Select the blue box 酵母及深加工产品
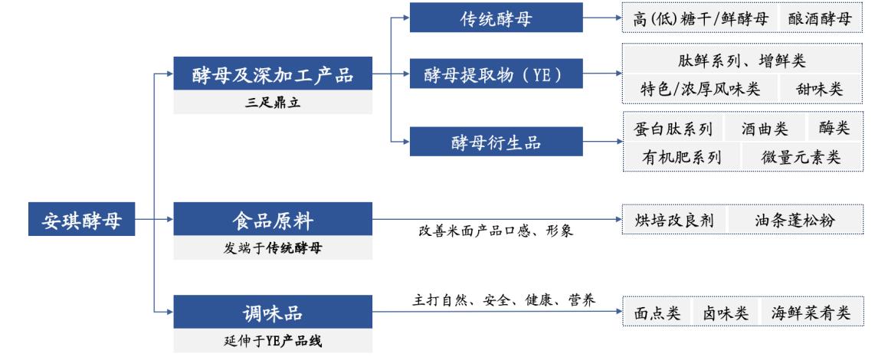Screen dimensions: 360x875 coord(273,74)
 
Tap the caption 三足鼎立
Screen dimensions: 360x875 coord(273,103)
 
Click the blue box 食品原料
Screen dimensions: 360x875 coord(273,220)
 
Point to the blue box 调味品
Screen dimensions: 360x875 coord(273,311)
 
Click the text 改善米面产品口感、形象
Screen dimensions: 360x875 coord(496,231)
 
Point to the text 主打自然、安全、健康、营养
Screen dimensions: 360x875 coord(496,297)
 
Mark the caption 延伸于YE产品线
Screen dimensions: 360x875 coord(273,339)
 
